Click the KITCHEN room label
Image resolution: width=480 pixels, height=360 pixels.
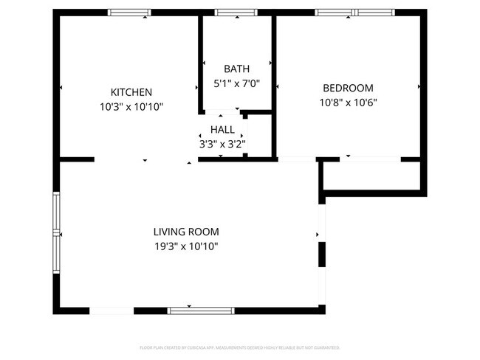click(x=131, y=92)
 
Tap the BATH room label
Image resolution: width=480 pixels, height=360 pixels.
click(x=236, y=69)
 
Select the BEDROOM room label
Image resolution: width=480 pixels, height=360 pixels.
click(x=348, y=88)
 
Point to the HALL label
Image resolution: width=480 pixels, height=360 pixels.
click(x=222, y=130)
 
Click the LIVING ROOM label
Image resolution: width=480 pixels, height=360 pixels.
click(x=185, y=232)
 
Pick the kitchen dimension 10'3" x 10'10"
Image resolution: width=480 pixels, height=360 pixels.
click(x=131, y=107)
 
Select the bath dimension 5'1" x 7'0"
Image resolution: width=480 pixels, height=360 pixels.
click(x=236, y=83)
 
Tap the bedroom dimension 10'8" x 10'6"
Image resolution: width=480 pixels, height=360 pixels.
click(x=348, y=103)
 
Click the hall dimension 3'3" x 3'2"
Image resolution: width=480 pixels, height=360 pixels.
click(x=222, y=145)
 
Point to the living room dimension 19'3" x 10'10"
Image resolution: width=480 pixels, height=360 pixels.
click(x=185, y=246)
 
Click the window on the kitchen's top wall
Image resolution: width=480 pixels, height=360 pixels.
click(x=129, y=13)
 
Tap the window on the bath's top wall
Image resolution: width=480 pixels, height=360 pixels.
click(x=236, y=13)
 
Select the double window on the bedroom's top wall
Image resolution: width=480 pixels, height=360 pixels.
click(x=356, y=13)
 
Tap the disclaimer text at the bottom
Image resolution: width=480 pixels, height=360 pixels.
click(x=240, y=347)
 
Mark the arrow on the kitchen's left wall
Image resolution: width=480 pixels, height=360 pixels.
click(x=61, y=88)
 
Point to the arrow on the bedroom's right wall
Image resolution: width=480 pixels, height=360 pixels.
click(x=419, y=87)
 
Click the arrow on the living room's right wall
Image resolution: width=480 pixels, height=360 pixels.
click(x=318, y=235)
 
